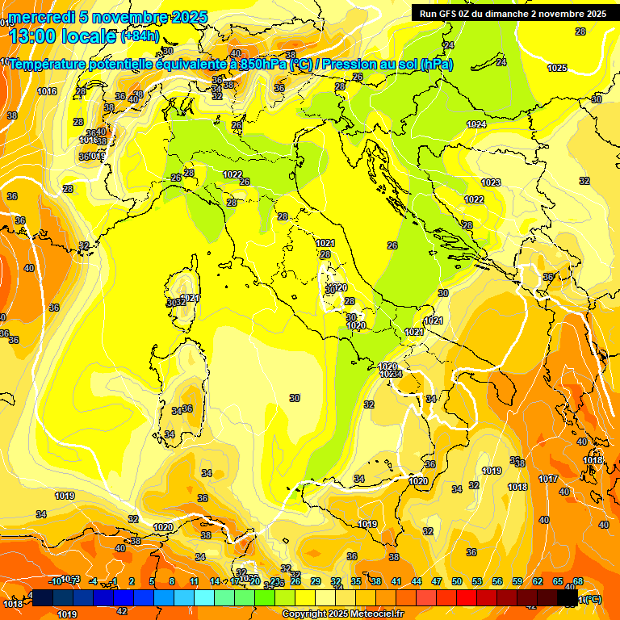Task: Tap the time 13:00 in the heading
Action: pos(36,36)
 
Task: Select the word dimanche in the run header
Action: pos(510,14)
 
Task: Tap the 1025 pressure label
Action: pos(557,68)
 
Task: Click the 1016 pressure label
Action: pos(47,91)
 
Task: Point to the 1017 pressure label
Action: pos(548,479)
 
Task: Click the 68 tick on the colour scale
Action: pos(578,581)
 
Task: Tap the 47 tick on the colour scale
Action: pos(437,581)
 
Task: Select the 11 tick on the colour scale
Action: pos(194,581)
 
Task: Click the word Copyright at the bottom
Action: pos(308,614)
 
